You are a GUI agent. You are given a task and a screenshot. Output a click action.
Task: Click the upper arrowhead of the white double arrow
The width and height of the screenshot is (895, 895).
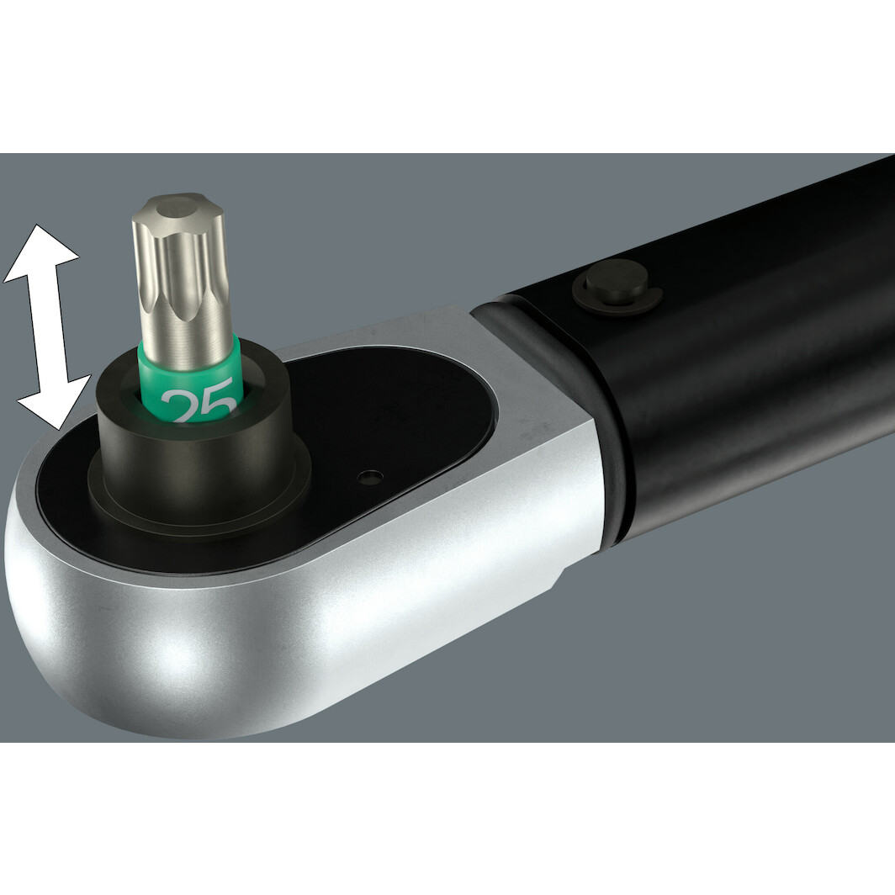point(42,248)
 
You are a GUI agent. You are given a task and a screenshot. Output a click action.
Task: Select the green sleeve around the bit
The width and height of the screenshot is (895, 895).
point(189,370)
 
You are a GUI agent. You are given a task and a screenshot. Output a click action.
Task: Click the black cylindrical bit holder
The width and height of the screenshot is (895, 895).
point(193,454)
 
